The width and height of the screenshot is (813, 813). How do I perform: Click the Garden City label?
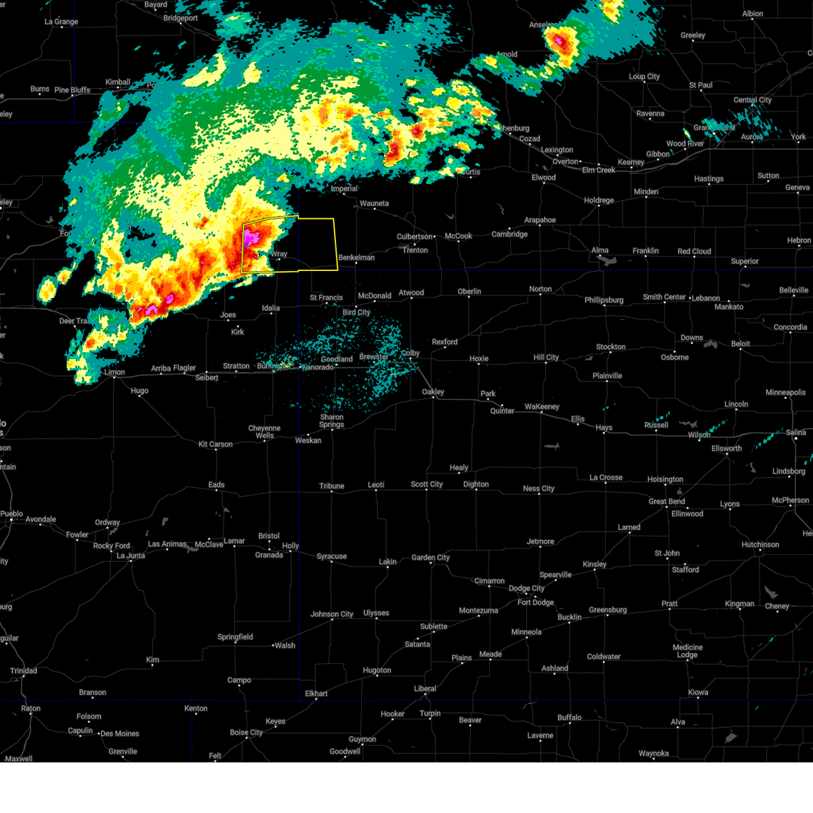click(x=430, y=558)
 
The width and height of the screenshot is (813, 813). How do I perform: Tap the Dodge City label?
click(x=527, y=588)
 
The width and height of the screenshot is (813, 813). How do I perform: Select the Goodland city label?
click(x=337, y=359)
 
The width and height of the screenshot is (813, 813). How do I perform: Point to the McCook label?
click(x=459, y=236)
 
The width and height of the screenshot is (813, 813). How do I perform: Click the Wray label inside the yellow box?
click(x=279, y=254)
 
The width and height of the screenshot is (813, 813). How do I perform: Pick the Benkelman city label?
click(x=356, y=257)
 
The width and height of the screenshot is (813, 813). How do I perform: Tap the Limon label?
click(x=114, y=372)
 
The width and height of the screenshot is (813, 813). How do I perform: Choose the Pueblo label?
click(x=12, y=514)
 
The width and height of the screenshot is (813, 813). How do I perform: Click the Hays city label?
click(x=604, y=428)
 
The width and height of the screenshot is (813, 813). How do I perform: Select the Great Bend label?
click(x=667, y=501)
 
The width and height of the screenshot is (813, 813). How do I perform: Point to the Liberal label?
click(x=425, y=688)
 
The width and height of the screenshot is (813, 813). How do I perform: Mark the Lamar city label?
click(x=234, y=541)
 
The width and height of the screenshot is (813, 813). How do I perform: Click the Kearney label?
click(x=631, y=162)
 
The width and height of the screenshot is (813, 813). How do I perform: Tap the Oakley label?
click(x=433, y=392)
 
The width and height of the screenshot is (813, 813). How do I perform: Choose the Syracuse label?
click(x=331, y=556)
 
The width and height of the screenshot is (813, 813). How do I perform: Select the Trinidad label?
click(x=23, y=671)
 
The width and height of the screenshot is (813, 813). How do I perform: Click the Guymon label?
click(x=362, y=739)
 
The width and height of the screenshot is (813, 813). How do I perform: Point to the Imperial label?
click(x=343, y=188)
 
